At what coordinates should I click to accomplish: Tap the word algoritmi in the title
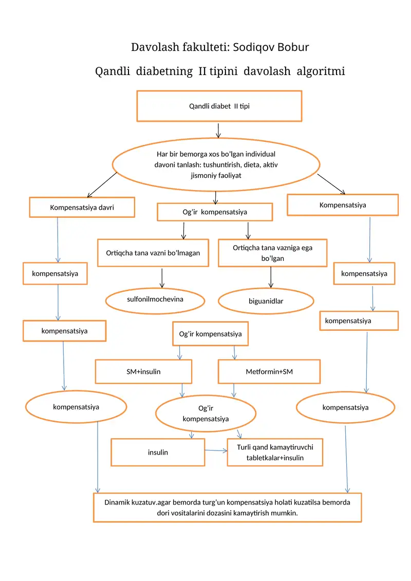click(x=321, y=71)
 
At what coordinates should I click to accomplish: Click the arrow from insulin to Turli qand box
click(x=216, y=451)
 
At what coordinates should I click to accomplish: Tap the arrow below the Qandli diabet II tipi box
click(x=218, y=130)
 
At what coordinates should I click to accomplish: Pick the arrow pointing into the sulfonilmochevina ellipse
click(x=162, y=278)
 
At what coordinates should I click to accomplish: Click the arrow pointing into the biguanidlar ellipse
click(x=271, y=277)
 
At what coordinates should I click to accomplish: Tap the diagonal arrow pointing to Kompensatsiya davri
click(x=102, y=185)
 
